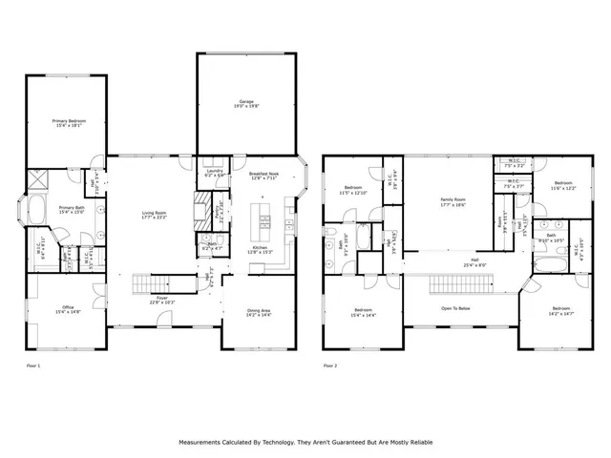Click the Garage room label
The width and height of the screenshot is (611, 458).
[x=245, y=103]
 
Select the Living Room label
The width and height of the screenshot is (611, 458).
[x=155, y=215]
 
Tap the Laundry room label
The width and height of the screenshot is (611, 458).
[x=214, y=173]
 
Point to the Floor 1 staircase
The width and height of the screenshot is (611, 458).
[x=152, y=282]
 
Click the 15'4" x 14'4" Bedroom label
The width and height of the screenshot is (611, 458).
[x=363, y=312]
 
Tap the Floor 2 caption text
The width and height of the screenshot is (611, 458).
[x=330, y=365]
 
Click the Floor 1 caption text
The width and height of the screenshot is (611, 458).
[x=32, y=365]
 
